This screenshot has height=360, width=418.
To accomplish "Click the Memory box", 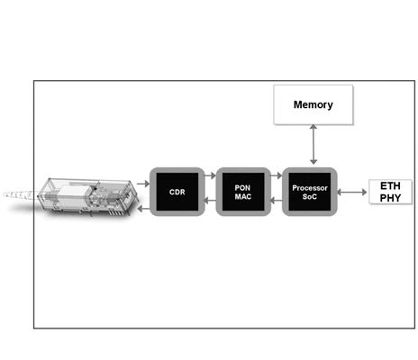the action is point(313,104).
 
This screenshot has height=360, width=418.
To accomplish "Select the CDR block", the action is point(177,192).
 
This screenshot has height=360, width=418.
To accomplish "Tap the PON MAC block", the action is point(243,192).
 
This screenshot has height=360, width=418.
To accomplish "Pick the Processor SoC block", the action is point(310,192).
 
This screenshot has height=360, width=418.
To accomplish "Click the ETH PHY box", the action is point(390,192).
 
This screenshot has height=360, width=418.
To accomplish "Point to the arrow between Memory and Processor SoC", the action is point(313,144).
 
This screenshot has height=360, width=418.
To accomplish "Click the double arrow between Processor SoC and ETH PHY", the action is point(352,192).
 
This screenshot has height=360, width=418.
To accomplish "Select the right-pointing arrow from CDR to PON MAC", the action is point(210,175).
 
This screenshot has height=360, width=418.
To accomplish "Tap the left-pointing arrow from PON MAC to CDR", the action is point(210,201).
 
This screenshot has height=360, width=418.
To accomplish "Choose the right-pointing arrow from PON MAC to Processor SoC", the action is point(277,175).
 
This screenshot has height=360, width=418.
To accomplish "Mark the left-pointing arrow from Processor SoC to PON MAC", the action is point(277,201).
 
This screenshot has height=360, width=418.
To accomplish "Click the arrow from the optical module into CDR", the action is point(143,184).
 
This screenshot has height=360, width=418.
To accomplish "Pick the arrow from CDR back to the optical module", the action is point(143,209).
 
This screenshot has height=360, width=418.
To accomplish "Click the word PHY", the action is point(390,198).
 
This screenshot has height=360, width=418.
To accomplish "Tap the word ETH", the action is point(390,186).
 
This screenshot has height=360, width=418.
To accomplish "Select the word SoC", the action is point(310,197).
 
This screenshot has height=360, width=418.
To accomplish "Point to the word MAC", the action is point(243,196).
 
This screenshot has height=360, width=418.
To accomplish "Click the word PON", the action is point(242,188).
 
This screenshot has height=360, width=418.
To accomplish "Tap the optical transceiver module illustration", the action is point(87,197).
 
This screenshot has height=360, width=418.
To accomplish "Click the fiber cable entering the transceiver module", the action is point(21,195).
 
